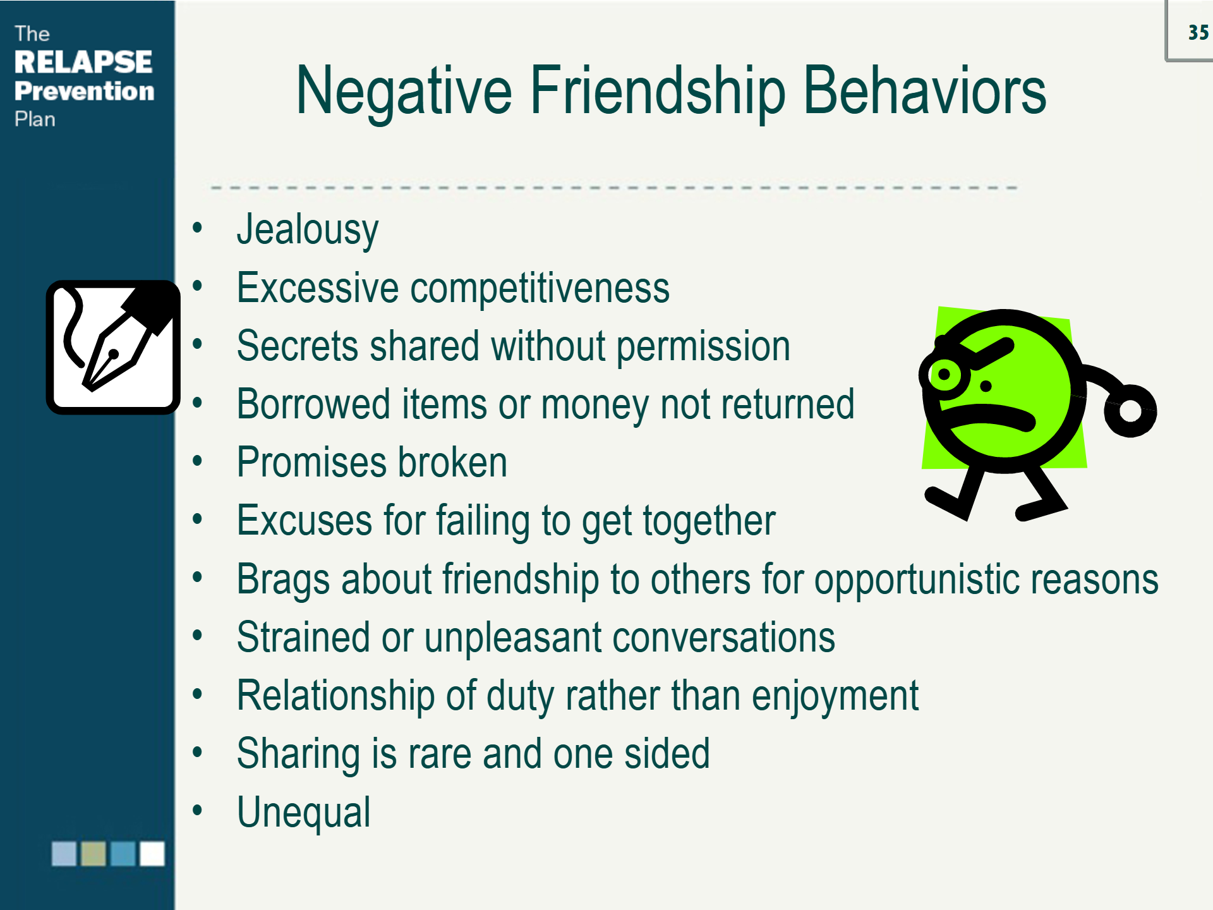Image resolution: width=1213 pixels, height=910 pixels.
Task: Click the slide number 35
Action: tap(1198, 32)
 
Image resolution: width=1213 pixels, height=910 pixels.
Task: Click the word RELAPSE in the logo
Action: tap(83, 62)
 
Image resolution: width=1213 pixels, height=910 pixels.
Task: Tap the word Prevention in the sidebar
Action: tap(85, 91)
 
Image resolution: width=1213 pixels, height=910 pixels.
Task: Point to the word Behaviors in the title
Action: tap(924, 91)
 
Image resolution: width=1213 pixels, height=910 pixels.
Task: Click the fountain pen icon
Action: tap(113, 348)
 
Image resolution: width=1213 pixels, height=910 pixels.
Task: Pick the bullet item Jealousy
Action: tap(308, 230)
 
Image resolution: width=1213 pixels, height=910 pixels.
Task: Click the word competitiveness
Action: tap(540, 289)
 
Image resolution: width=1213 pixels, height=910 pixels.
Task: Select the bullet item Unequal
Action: tap(304, 813)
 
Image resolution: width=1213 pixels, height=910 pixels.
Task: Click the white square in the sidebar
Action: tap(152, 854)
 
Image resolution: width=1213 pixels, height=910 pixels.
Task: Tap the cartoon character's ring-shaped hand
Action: tap(1131, 411)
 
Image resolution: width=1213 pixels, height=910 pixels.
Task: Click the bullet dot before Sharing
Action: tap(198, 753)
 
